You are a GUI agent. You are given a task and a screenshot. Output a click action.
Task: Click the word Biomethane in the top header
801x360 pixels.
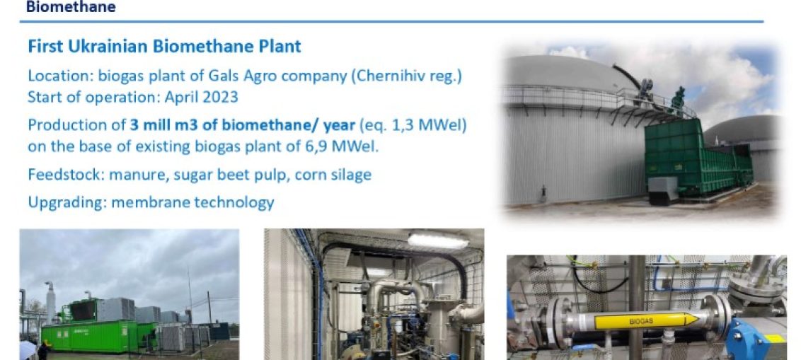71,6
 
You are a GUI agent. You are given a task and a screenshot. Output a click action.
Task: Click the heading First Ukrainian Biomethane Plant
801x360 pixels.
164,47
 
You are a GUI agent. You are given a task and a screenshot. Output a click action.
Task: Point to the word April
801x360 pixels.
181,98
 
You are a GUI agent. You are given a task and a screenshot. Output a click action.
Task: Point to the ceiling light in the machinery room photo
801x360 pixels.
438,240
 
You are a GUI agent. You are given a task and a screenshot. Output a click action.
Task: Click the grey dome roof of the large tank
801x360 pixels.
570,73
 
